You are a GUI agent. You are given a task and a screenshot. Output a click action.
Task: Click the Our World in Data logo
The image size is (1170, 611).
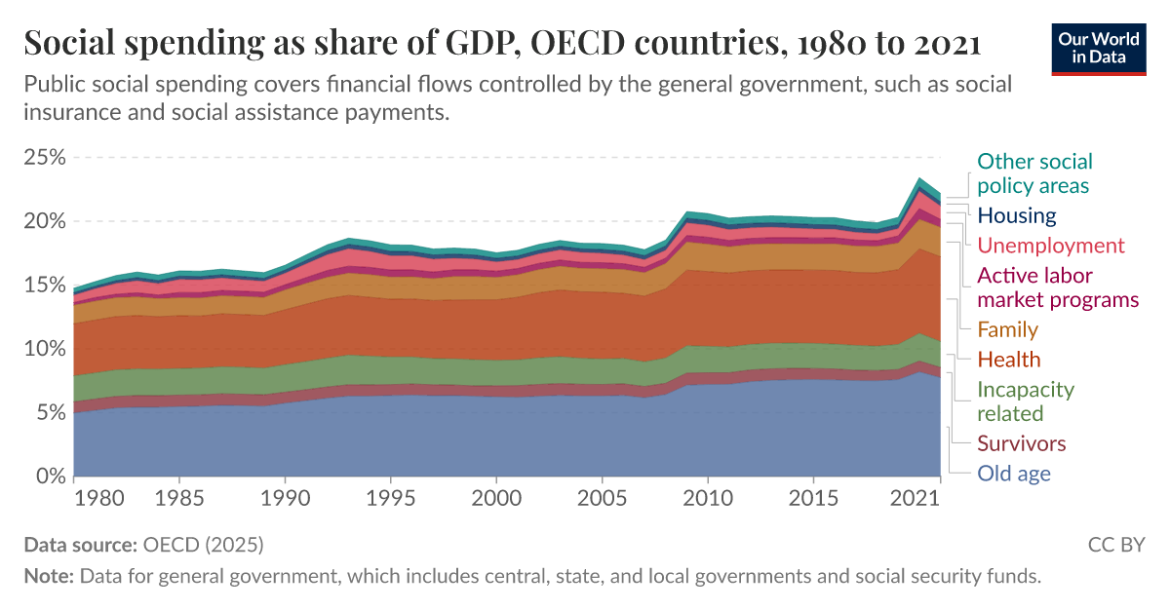click(x=1098, y=47)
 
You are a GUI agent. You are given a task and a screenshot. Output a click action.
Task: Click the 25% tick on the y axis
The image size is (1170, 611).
click(x=43, y=158)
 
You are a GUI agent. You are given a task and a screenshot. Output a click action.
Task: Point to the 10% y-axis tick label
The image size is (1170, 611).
click(x=43, y=349)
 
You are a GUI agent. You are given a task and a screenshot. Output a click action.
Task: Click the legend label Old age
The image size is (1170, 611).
click(x=1014, y=475)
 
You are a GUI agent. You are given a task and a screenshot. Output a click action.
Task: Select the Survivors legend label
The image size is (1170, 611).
click(x=1022, y=443)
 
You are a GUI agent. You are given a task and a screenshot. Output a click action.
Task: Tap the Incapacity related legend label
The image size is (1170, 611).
click(x=1025, y=401)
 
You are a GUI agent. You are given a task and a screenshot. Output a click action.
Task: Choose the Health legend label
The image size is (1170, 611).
click(x=1009, y=360)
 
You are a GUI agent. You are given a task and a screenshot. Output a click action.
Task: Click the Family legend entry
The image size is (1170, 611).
click(x=1007, y=329)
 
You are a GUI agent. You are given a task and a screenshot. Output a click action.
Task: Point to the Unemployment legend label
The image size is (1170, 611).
click(x=1051, y=246)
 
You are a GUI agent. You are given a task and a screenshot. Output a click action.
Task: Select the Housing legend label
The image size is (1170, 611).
click(x=1017, y=215)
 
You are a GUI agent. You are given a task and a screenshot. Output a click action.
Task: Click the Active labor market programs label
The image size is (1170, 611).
click(x=1058, y=287)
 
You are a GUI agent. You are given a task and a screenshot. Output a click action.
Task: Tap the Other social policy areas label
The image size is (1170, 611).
click(x=1034, y=173)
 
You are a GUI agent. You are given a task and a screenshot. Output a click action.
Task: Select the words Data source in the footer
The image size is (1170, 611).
click(x=81, y=544)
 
